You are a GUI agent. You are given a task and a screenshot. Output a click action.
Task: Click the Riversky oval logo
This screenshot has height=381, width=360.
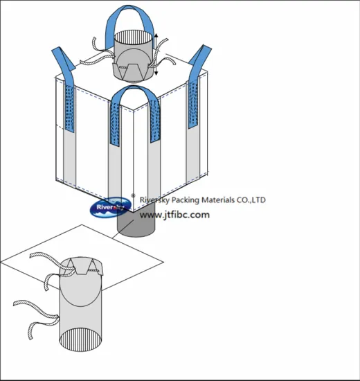click(x=111, y=207)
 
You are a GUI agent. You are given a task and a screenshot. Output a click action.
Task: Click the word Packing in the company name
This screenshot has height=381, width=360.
click(x=185, y=200)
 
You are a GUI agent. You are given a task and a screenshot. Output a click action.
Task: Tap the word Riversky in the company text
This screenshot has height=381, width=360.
click(x=154, y=200)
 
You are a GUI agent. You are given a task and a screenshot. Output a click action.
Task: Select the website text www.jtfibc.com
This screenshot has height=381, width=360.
click(x=174, y=215)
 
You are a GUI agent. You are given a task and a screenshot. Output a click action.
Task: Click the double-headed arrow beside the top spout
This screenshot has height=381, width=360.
click(x=156, y=54)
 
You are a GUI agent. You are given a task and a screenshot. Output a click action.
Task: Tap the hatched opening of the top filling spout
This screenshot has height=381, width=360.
click(x=134, y=37)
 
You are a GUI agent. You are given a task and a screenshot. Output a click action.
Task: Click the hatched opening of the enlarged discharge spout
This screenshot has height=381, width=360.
click(x=80, y=339)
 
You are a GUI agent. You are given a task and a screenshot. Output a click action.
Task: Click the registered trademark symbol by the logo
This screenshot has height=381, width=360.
click(x=133, y=195)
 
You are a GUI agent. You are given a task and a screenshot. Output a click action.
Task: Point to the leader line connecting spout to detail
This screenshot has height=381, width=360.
click(x=123, y=229)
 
